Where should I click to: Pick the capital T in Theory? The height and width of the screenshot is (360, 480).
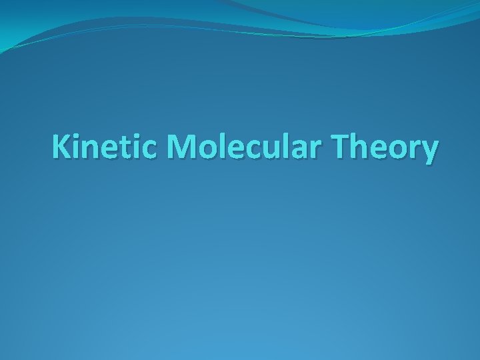331,147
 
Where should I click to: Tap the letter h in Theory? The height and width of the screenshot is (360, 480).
352,147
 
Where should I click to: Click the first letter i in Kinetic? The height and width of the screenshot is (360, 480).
77,147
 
